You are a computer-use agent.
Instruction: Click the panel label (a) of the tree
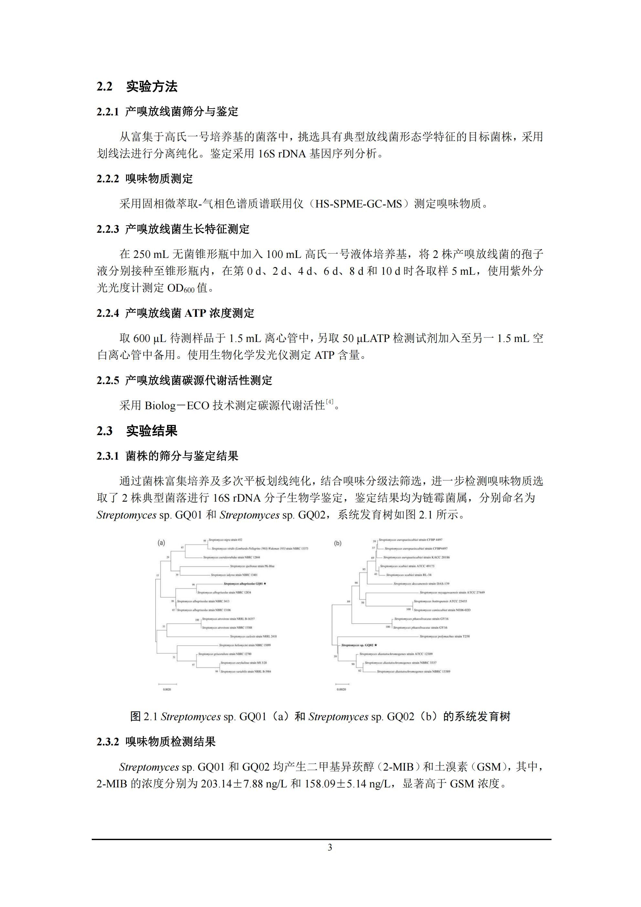pyautogui.click(x=161, y=543)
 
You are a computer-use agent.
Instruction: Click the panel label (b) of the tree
pyautogui.click(x=338, y=543)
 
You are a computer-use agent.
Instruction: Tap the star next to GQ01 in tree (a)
pyautogui.click(x=265, y=583)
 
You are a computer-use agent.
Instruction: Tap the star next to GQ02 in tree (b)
pyautogui.click(x=376, y=645)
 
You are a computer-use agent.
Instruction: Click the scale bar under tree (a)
pyautogui.click(x=167, y=684)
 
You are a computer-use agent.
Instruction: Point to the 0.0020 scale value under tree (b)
pyautogui.click(x=341, y=689)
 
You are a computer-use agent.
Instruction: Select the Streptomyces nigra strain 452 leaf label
pyautogui.click(x=225, y=539)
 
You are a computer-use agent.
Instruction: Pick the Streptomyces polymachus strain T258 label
pyautogui.click(x=444, y=636)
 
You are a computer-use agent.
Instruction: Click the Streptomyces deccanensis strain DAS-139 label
pyautogui.click(x=421, y=583)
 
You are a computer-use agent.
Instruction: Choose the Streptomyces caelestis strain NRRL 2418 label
pyautogui.click(x=253, y=636)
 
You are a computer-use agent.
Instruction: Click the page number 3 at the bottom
pyautogui.click(x=330, y=847)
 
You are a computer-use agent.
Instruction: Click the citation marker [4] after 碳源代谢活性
pyautogui.click(x=330, y=402)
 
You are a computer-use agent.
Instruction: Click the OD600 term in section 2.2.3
pyautogui.click(x=181, y=288)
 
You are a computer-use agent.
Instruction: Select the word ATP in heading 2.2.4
pyautogui.click(x=195, y=313)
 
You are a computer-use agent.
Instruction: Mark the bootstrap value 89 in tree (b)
pyautogui.click(x=349, y=601)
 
